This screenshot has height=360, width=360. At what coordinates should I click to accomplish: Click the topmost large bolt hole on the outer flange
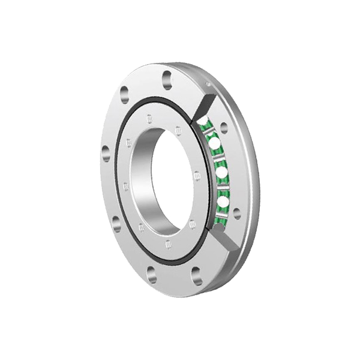point(167,76)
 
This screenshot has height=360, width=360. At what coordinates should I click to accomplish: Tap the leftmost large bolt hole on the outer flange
point(106,152)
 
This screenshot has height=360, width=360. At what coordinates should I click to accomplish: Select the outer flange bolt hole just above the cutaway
point(224,128)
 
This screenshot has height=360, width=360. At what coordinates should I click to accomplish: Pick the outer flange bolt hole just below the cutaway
point(236,213)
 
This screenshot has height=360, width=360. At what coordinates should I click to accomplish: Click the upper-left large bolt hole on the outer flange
point(124,94)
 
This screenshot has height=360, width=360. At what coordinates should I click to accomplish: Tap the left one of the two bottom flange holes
point(151,275)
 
